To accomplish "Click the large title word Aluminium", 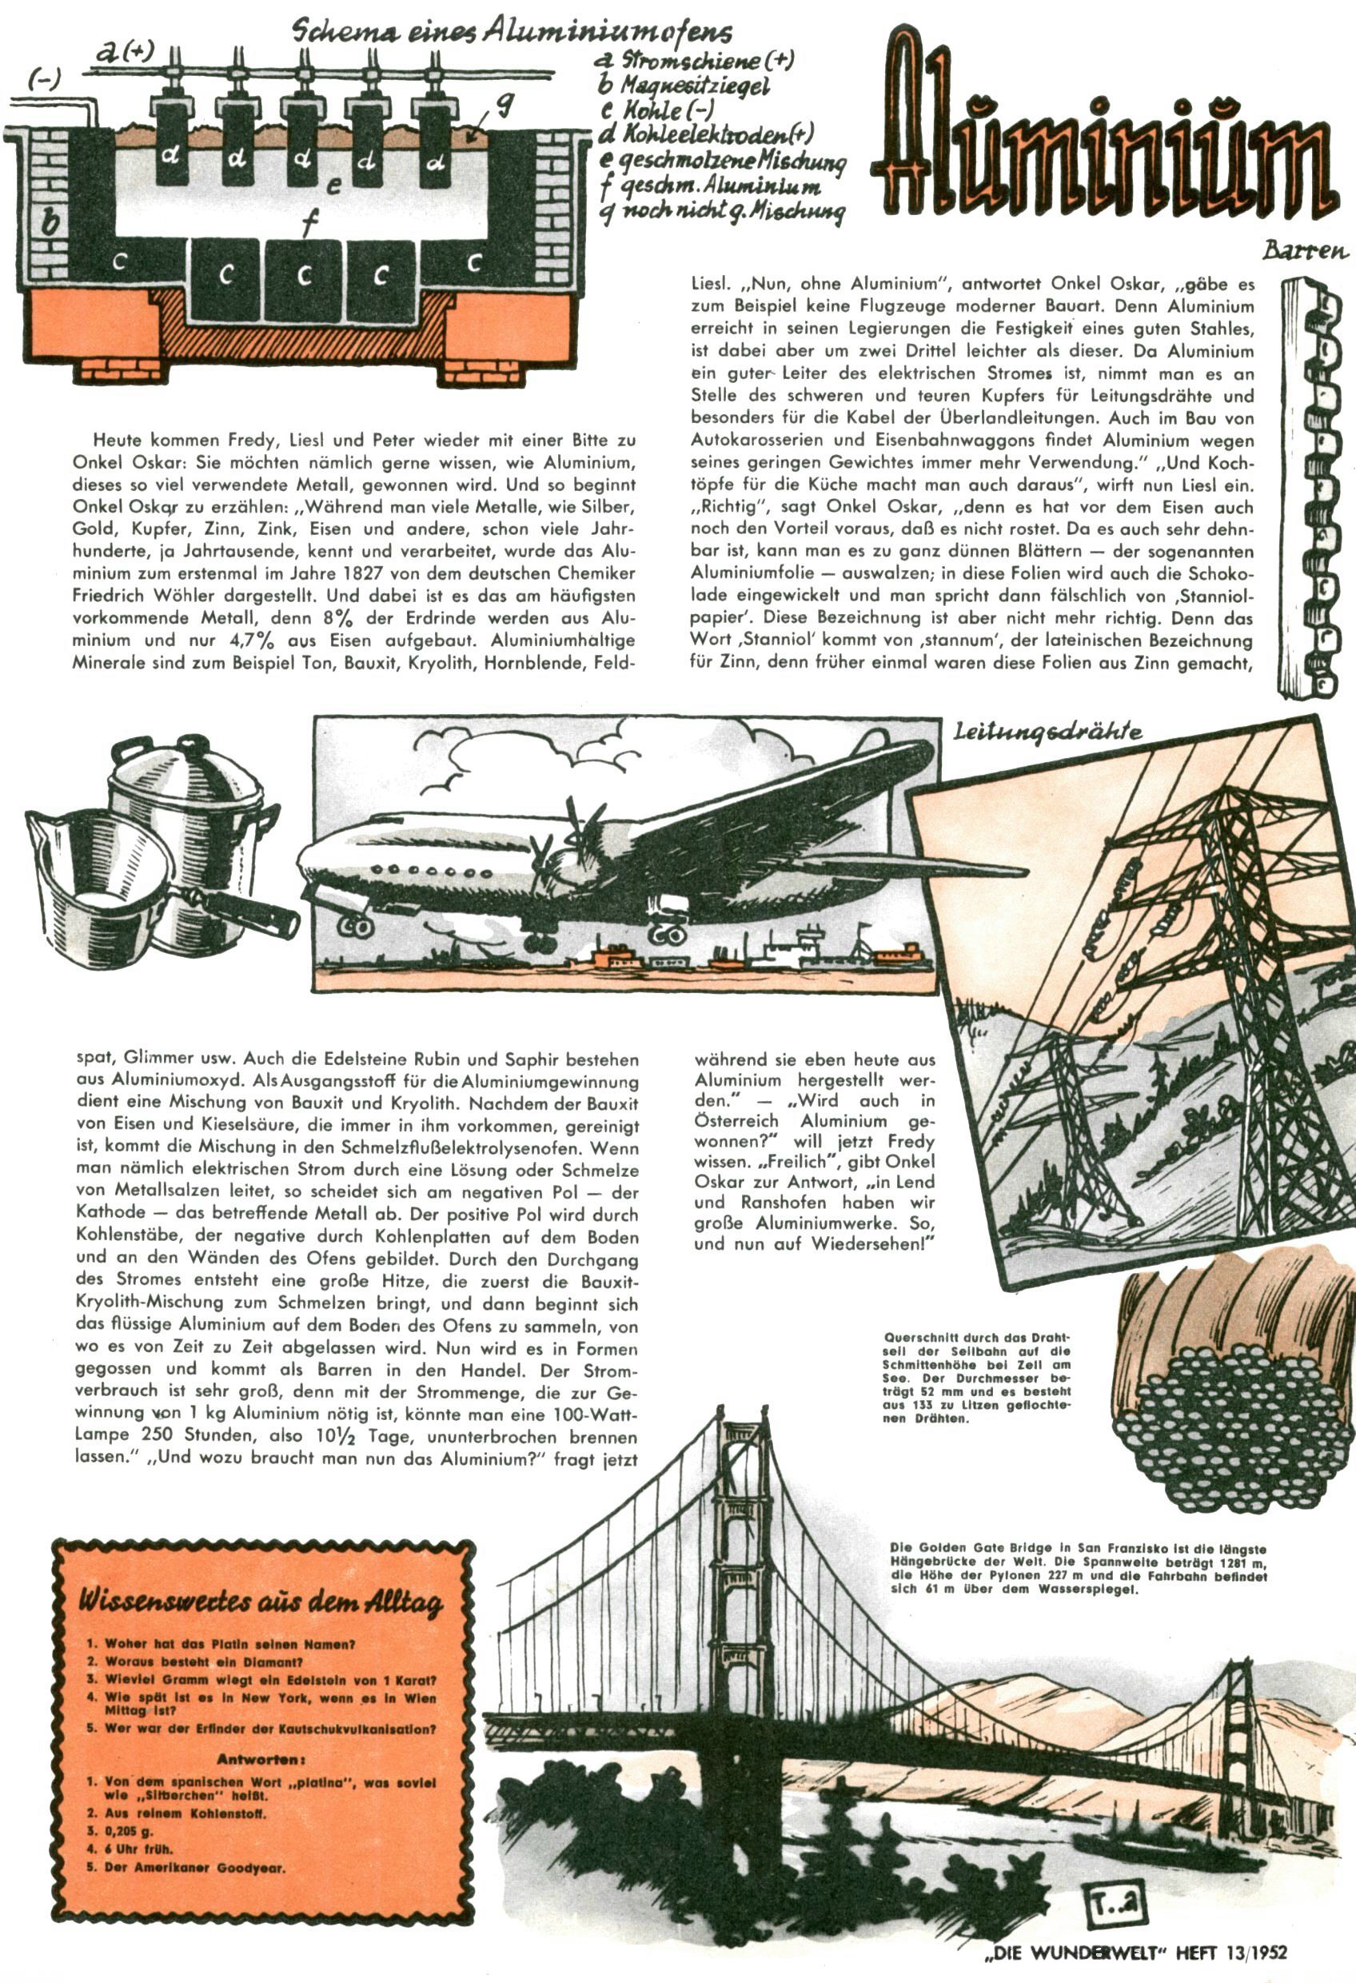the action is point(1101,137).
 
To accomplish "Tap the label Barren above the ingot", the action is point(1305,251).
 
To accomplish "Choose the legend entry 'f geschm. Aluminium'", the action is point(710,186).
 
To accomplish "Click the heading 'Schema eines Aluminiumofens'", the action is point(512,33).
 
